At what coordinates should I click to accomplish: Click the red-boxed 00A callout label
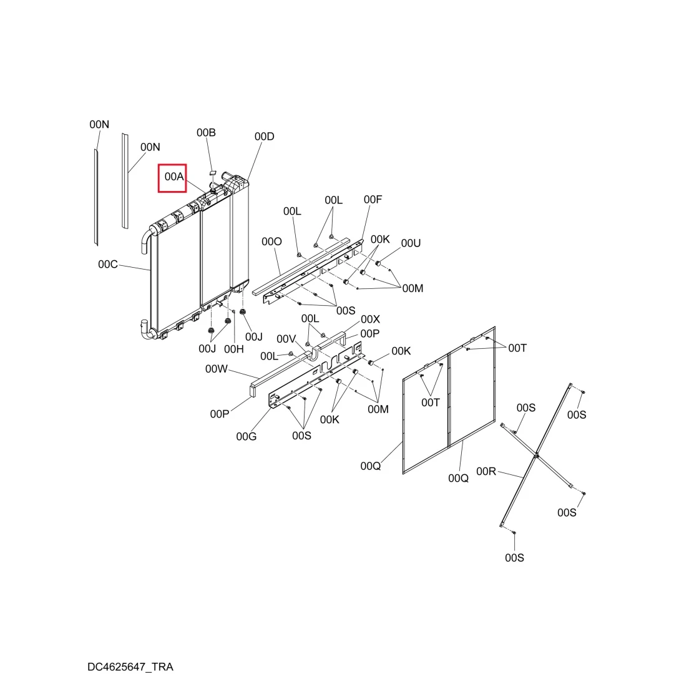pyautogui.click(x=174, y=177)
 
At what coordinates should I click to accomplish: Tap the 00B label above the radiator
pyautogui.click(x=206, y=132)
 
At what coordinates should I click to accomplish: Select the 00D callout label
pyautogui.click(x=265, y=136)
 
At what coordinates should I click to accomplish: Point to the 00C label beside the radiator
pyautogui.click(x=108, y=265)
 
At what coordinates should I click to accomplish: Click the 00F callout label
pyautogui.click(x=373, y=200)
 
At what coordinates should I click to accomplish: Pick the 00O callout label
pyautogui.click(x=271, y=242)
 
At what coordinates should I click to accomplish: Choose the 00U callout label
pyautogui.click(x=411, y=243)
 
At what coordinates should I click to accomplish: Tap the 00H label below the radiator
pyautogui.click(x=234, y=349)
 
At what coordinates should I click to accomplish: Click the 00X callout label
pyautogui.click(x=370, y=320)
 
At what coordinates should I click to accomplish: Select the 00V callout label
pyautogui.click(x=286, y=339)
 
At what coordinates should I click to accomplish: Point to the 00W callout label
pyautogui.click(x=216, y=369)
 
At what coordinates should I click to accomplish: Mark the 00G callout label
pyautogui.click(x=247, y=437)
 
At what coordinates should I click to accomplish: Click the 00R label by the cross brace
pyautogui.click(x=486, y=472)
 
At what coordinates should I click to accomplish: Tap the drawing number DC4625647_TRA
pyautogui.click(x=130, y=667)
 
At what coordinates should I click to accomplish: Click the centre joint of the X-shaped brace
pyautogui.click(x=536, y=455)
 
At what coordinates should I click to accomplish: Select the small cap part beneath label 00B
pyautogui.click(x=212, y=172)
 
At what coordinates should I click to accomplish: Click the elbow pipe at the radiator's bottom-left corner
pyautogui.click(x=147, y=330)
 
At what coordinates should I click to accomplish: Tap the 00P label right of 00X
pyautogui.click(x=369, y=333)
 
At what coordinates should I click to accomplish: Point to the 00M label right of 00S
pyautogui.click(x=413, y=288)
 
